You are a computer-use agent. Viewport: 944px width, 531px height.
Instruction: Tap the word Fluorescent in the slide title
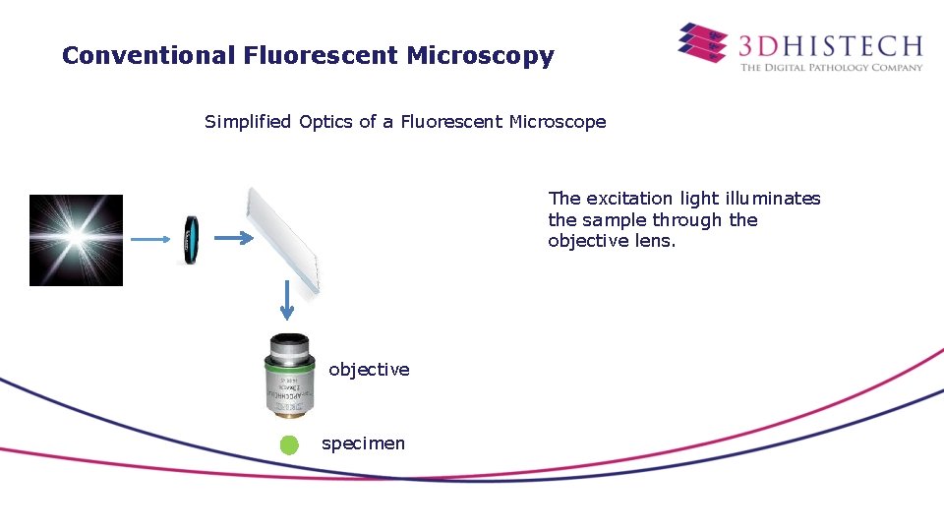pyautogui.click(x=319, y=56)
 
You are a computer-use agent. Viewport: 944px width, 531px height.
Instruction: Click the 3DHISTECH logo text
pyautogui.click(x=831, y=45)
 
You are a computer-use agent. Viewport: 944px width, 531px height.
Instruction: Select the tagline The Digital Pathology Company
pyautogui.click(x=831, y=67)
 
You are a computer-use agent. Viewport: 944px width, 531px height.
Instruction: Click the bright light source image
pyautogui.click(x=76, y=240)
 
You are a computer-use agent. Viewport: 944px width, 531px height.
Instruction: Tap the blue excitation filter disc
pyautogui.click(x=190, y=240)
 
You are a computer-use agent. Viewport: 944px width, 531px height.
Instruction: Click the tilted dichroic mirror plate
pyautogui.click(x=284, y=240)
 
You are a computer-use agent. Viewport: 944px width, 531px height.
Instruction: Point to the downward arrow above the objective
pyautogui.click(x=286, y=299)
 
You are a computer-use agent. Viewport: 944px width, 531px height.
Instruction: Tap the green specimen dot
pyautogui.click(x=288, y=444)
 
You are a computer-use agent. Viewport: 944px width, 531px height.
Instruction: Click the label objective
pyautogui.click(x=369, y=370)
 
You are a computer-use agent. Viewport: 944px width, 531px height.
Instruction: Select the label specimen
pyautogui.click(x=363, y=443)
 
